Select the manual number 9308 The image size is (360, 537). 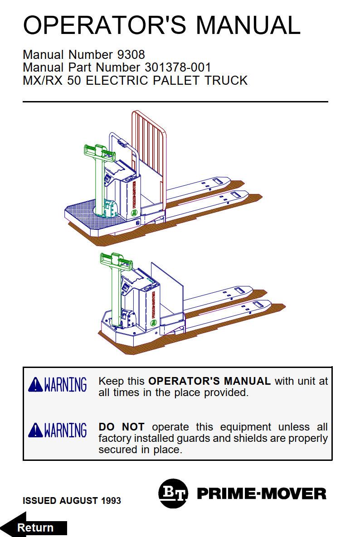(x=131, y=54)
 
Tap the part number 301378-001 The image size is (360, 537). (x=178, y=67)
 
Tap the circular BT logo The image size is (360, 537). (x=173, y=493)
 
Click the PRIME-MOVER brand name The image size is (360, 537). (x=262, y=494)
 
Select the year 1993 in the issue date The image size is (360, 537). (x=111, y=501)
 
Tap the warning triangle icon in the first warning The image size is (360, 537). (x=35, y=385)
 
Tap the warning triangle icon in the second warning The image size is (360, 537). (x=35, y=430)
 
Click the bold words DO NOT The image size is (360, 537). (x=122, y=427)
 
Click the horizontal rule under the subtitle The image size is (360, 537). (x=175, y=102)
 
